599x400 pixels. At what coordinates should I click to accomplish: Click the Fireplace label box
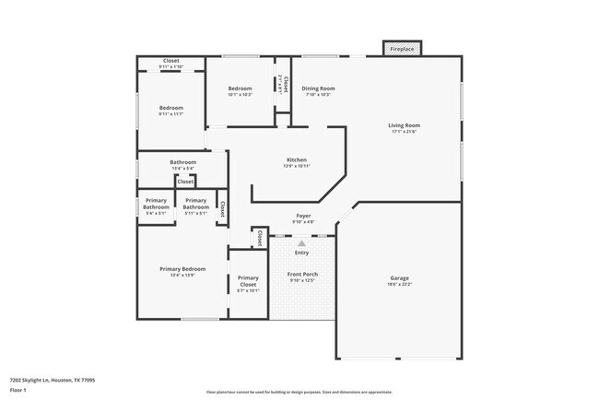coord(402,48)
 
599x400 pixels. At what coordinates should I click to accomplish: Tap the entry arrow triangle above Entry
coord(301,242)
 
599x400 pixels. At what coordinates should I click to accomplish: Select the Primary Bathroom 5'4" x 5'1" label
coord(156,206)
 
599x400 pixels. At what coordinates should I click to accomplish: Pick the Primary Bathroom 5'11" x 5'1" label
coord(195,206)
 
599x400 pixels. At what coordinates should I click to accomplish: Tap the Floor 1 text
coord(18,390)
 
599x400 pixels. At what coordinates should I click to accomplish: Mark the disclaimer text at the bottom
coord(299,391)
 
